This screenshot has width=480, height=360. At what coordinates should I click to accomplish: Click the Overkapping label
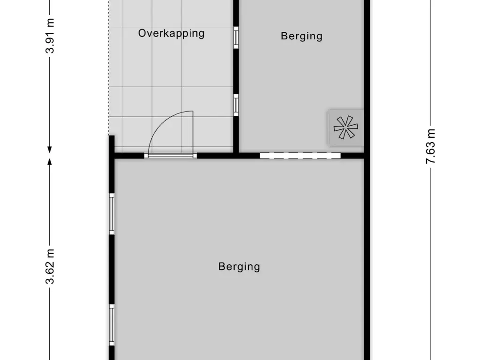click(x=171, y=33)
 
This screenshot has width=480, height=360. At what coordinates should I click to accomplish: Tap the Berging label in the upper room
click(x=301, y=36)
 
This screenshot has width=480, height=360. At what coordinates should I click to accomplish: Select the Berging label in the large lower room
click(x=239, y=267)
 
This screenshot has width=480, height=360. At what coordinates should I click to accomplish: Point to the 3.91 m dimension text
click(x=50, y=36)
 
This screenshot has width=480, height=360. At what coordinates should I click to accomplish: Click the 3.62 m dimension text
click(x=50, y=267)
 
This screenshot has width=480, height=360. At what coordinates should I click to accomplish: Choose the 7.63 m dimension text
click(x=431, y=146)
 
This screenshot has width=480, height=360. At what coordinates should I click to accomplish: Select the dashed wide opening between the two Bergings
click(x=300, y=156)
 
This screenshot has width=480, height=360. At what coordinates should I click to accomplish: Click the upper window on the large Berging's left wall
click(x=112, y=214)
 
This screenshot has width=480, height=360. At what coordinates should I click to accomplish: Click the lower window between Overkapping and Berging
click(x=236, y=105)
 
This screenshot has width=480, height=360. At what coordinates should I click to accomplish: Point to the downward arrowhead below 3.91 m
click(x=50, y=150)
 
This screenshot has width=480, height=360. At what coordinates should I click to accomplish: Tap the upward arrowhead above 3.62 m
click(x=50, y=162)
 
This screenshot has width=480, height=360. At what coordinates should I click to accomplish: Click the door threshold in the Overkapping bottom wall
click(x=170, y=156)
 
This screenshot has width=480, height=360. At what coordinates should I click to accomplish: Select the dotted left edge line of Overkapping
click(x=109, y=70)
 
